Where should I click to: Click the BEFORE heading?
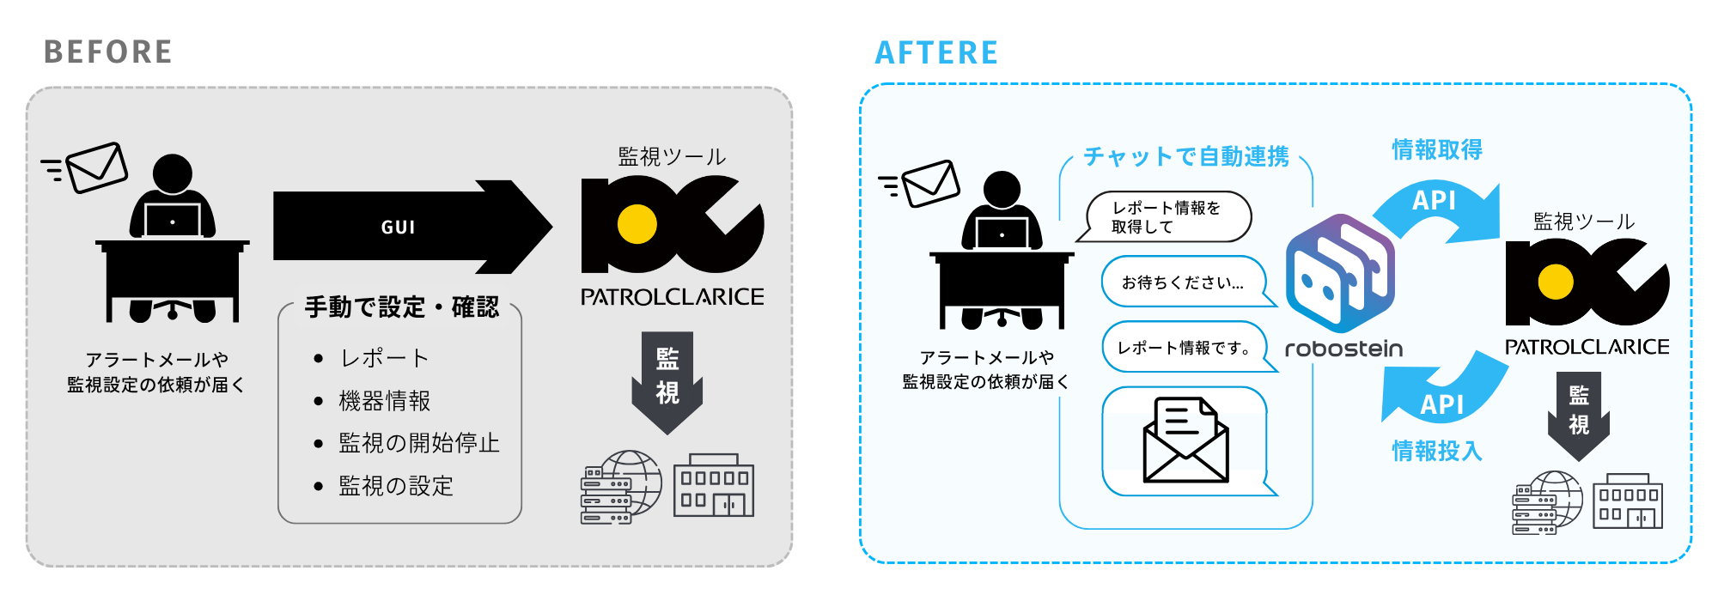[x=108, y=52]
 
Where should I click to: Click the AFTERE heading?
[x=936, y=53]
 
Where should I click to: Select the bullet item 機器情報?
[x=384, y=401]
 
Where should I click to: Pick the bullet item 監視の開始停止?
[x=418, y=443]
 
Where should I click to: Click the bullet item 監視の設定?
[x=395, y=486]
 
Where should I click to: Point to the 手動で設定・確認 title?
[x=401, y=307]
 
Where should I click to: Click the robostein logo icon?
[x=1340, y=273]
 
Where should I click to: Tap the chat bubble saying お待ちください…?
[x=1183, y=282]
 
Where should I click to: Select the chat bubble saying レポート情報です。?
[x=1183, y=348]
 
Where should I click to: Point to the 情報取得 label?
[x=1437, y=149]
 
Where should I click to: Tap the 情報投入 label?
[x=1437, y=451]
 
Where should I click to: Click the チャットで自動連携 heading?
[x=1186, y=156]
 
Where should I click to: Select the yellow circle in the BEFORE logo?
[x=637, y=225]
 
